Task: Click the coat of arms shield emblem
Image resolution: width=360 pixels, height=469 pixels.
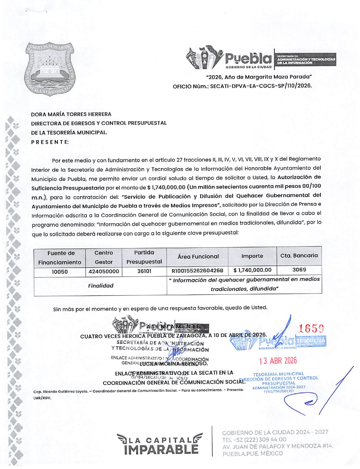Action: (x=50, y=69)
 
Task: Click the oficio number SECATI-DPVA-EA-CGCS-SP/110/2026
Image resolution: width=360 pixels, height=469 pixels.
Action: (x=261, y=86)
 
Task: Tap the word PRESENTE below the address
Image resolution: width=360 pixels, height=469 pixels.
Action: (x=50, y=142)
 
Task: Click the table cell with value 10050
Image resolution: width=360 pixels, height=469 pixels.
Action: (x=60, y=272)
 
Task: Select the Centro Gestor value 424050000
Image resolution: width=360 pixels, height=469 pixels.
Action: (x=104, y=272)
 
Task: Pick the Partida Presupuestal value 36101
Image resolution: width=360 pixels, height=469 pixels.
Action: (x=144, y=271)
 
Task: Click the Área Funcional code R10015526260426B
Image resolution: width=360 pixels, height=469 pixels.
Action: (x=197, y=271)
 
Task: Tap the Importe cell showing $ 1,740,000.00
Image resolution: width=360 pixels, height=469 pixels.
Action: (x=252, y=270)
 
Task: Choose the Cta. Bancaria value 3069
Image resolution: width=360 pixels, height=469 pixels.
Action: (x=299, y=270)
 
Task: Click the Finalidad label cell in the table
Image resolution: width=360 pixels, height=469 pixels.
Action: (x=100, y=286)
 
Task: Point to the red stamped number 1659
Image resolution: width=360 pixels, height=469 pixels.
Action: (x=312, y=329)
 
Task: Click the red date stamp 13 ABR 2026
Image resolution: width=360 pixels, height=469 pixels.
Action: (x=278, y=361)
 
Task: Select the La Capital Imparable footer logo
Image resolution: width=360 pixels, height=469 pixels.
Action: (x=160, y=444)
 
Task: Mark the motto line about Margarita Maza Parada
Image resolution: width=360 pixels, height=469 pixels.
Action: (x=259, y=77)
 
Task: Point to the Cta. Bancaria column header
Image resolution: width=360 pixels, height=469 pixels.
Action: (x=299, y=256)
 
